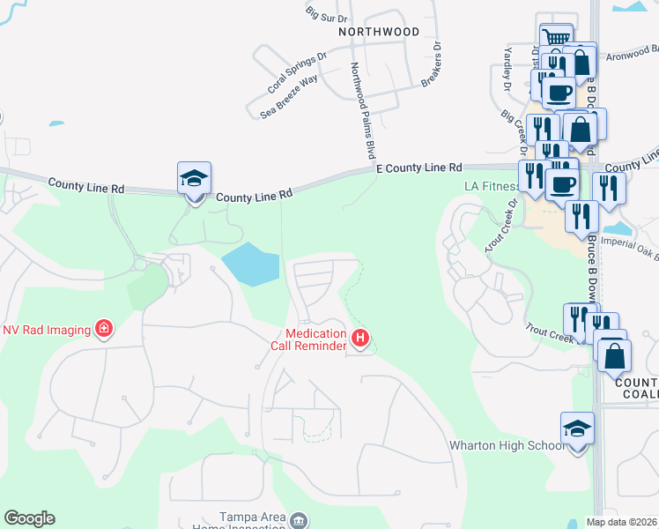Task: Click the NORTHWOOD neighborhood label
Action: click(379, 32)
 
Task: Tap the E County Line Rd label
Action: click(418, 168)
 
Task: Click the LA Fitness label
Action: click(491, 187)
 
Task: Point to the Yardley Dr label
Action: click(507, 71)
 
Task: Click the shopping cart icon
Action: click(556, 38)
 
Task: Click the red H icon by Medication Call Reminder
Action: click(359, 337)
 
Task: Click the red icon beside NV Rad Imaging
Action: click(104, 330)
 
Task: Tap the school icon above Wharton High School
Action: click(578, 429)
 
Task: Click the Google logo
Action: click(29, 518)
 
